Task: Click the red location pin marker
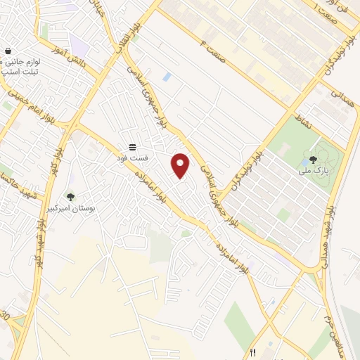click(x=181, y=165)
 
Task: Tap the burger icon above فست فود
click(x=132, y=147)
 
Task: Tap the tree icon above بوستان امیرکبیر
click(x=70, y=197)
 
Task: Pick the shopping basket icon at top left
click(x=8, y=51)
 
